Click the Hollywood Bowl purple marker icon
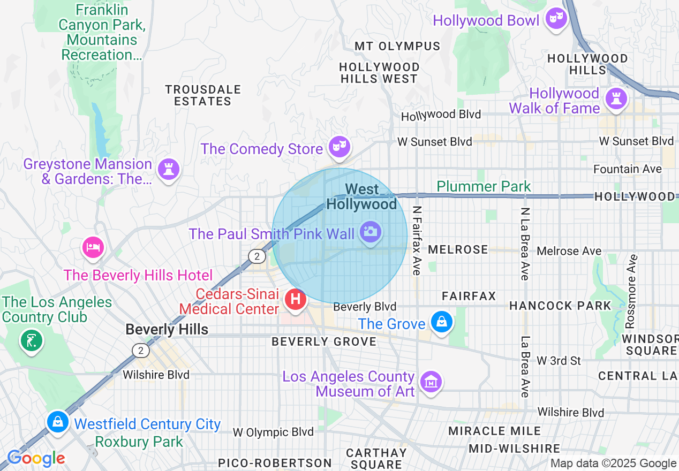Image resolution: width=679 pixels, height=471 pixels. (556, 20)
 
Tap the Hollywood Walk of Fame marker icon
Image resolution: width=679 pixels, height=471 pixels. (615, 98)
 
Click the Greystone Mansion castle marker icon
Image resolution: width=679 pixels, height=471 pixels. (169, 170)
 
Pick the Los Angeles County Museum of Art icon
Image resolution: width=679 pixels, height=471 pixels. (430, 382)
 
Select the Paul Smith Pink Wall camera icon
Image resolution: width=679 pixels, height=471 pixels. (371, 232)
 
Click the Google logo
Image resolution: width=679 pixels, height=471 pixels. (36, 459)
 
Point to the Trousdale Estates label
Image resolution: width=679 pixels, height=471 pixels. (203, 95)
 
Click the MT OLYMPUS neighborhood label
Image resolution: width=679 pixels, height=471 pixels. (397, 47)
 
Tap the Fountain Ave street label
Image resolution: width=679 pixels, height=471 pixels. (628, 169)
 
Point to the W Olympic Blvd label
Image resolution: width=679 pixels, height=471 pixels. (273, 432)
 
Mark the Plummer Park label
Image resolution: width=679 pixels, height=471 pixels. (484, 186)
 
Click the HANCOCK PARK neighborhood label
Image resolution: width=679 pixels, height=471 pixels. (560, 306)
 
